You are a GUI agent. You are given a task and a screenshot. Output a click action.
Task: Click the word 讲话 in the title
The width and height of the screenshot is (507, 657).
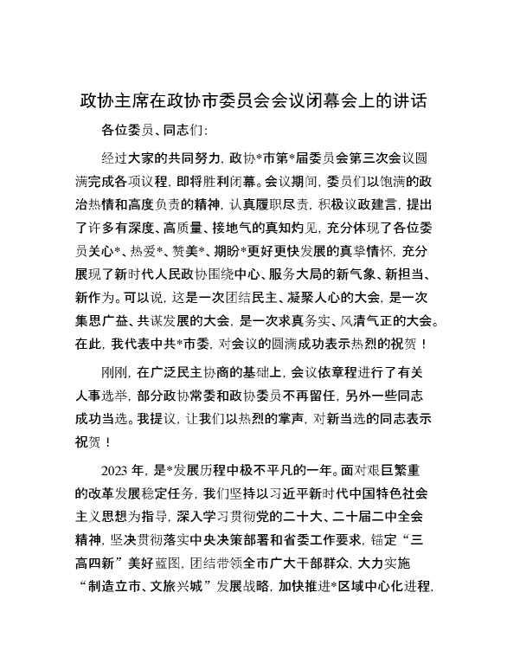click(x=410, y=100)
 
